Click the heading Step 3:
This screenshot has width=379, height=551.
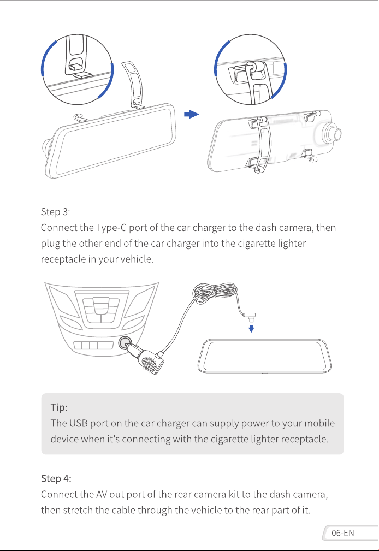55,212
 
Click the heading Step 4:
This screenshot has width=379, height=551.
56,478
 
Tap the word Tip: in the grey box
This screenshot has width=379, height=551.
59,407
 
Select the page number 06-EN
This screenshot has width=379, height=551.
342,533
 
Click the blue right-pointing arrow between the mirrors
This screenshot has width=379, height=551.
192,114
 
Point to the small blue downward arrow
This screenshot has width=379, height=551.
251,329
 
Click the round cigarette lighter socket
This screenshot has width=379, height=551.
125,343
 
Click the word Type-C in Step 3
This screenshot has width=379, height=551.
111,228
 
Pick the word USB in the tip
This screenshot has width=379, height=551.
79,423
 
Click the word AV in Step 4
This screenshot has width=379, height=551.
101,494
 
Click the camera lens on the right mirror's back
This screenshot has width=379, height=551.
333,133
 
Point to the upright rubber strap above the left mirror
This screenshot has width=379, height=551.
133,84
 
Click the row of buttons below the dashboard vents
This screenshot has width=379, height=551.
93,345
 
